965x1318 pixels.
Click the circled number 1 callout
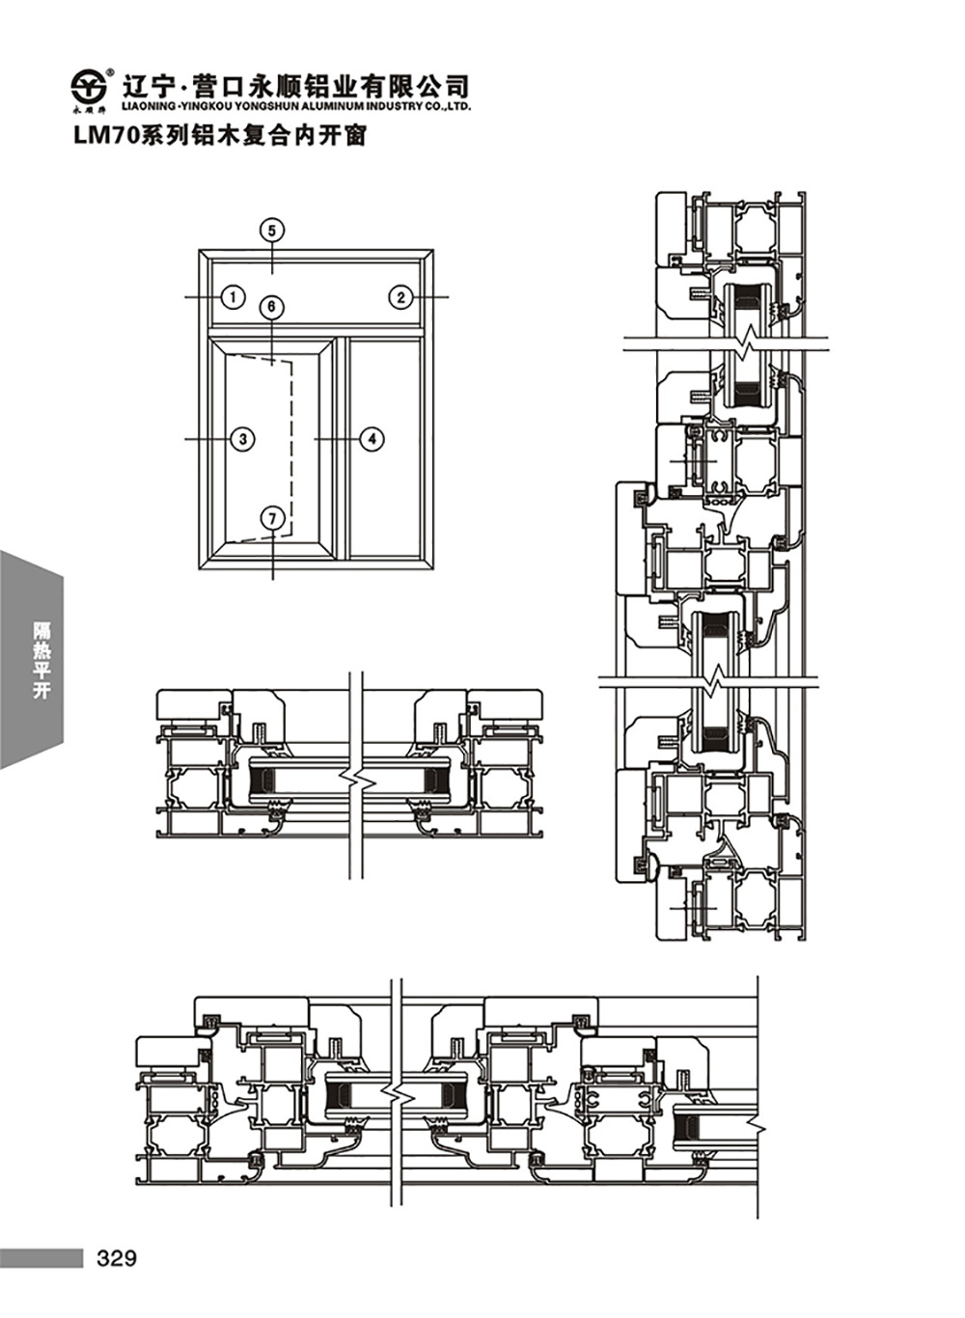click(234, 297)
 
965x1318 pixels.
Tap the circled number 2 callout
click(400, 297)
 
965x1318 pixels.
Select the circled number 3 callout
click(243, 439)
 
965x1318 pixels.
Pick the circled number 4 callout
click(372, 439)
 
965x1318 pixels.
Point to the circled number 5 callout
click(272, 231)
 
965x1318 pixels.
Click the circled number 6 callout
click(272, 307)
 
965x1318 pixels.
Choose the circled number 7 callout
click(272, 518)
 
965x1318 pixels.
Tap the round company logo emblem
click(88, 87)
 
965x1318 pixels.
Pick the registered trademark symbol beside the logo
click(110, 71)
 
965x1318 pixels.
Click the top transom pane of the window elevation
click(317, 292)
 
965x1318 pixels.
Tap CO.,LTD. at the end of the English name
click(449, 106)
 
